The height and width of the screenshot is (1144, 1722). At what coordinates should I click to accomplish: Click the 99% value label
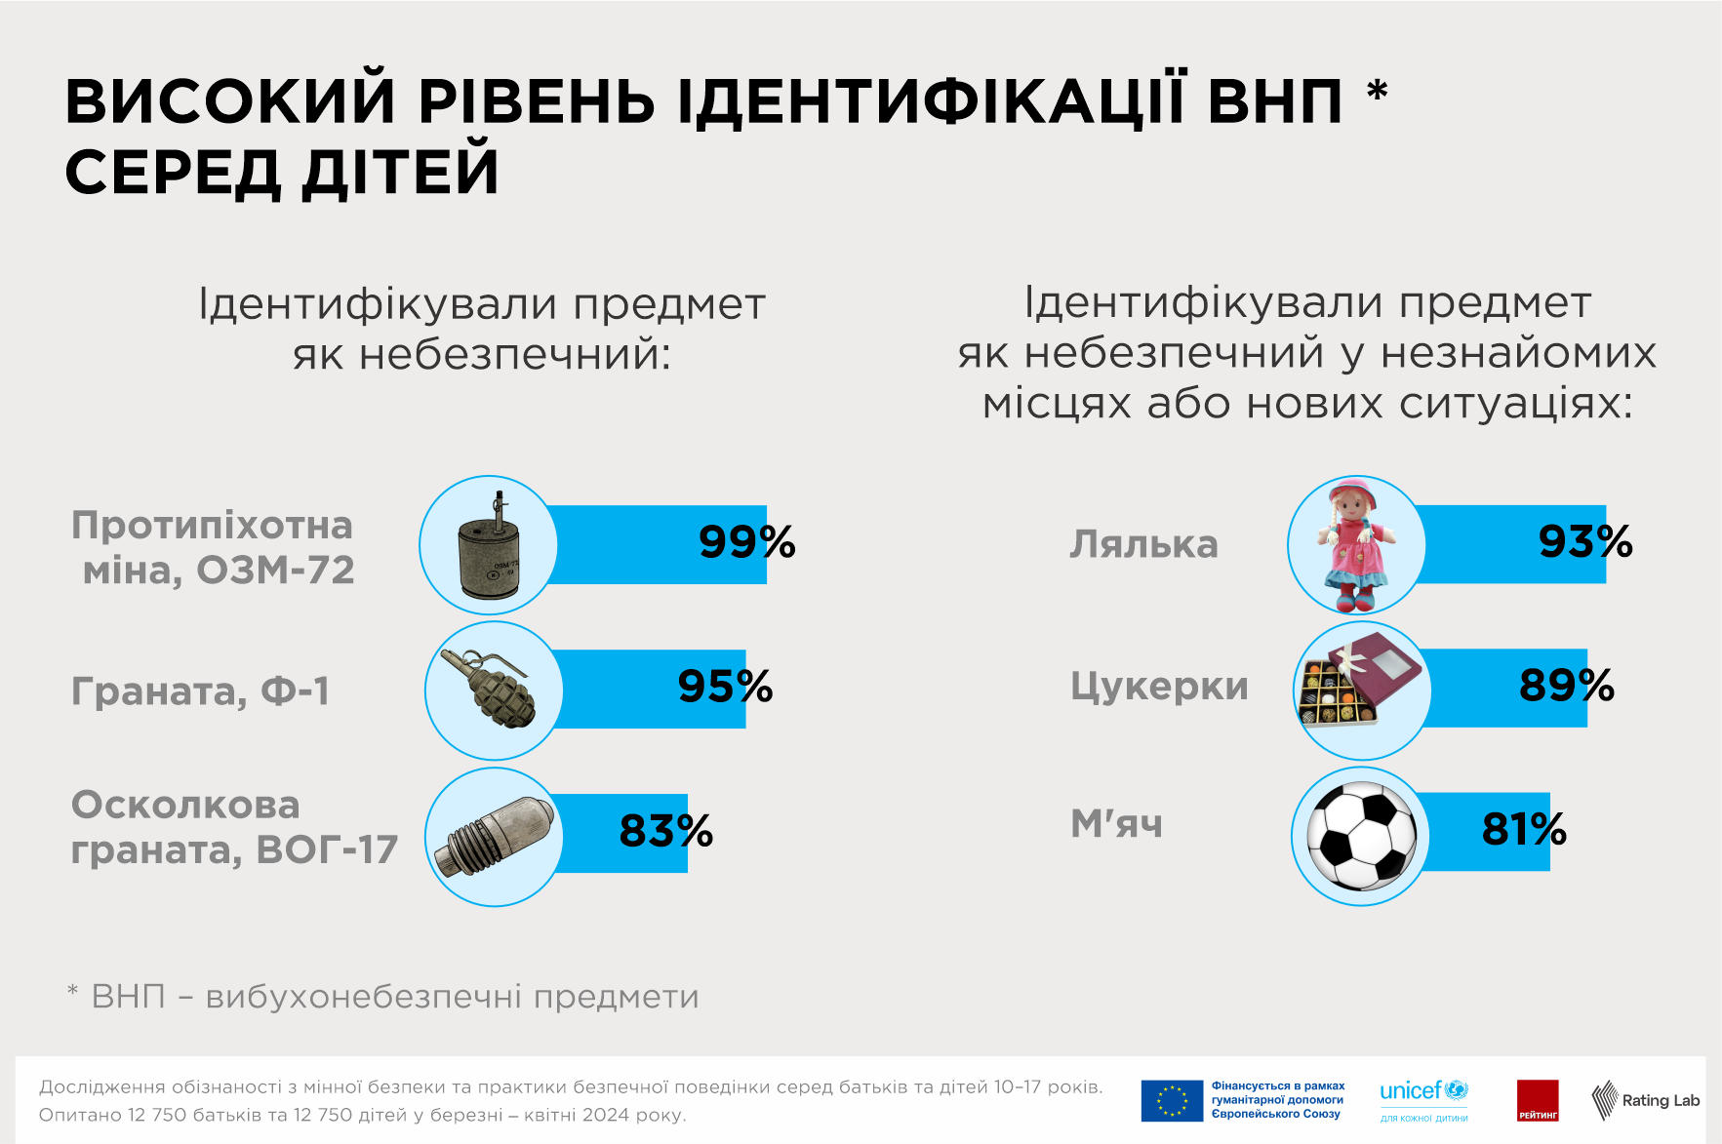(x=746, y=542)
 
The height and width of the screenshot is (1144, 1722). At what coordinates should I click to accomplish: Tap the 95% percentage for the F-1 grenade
(x=725, y=687)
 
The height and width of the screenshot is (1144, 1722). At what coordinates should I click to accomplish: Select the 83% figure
(x=665, y=831)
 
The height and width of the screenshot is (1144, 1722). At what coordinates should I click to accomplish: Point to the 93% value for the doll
(x=1585, y=542)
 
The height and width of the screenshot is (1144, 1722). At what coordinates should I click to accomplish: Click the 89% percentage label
(x=1566, y=686)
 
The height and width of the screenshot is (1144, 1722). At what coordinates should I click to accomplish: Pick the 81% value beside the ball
(x=1523, y=829)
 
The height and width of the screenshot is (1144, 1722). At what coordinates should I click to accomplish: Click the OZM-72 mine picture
(x=489, y=546)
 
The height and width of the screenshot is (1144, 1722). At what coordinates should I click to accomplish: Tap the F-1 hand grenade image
(x=493, y=690)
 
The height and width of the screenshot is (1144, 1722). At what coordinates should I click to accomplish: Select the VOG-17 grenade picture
(x=495, y=837)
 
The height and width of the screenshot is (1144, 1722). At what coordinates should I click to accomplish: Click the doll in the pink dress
(x=1356, y=544)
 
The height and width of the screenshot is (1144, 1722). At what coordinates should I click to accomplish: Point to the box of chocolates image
(x=1361, y=689)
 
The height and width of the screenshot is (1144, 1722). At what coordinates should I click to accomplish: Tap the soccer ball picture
(x=1361, y=836)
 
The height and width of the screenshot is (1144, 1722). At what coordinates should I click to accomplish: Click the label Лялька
(x=1143, y=544)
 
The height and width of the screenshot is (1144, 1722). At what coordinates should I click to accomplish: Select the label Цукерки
(x=1159, y=687)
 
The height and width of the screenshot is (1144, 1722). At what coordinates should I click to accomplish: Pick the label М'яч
(x=1116, y=824)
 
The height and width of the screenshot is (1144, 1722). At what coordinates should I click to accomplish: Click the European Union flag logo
(x=1172, y=1100)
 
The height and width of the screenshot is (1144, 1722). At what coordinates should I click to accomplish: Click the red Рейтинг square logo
(x=1538, y=1100)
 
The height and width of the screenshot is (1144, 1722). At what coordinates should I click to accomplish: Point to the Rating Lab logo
(x=1645, y=1100)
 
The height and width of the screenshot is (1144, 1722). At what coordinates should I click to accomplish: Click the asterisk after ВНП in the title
(x=1377, y=91)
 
